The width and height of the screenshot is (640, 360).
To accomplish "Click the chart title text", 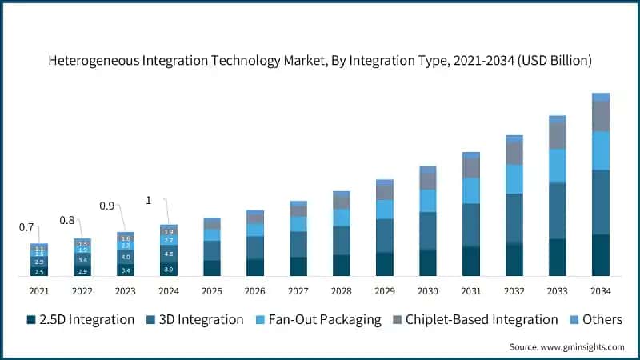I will click(x=320, y=60).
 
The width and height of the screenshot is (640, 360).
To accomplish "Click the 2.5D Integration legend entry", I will click(x=80, y=319).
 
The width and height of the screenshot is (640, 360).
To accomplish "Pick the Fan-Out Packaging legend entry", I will click(x=318, y=319).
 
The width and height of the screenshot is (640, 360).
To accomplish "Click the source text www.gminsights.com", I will click(x=566, y=346).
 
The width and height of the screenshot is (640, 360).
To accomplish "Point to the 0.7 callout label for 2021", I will click(x=26, y=228).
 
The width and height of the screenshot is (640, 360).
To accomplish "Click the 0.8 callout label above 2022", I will click(x=66, y=220).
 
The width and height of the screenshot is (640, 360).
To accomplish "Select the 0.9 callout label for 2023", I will click(x=106, y=206).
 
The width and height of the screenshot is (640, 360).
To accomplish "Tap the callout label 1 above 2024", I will click(x=147, y=200).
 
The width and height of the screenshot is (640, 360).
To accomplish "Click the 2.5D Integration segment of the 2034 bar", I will click(x=600, y=254).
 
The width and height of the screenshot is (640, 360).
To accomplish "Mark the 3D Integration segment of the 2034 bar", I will click(x=600, y=202).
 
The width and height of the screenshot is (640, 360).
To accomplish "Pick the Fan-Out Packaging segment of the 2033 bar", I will click(x=558, y=166).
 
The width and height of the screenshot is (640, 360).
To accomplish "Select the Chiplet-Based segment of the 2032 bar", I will click(x=514, y=153).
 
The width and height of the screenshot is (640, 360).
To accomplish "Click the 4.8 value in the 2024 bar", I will click(x=169, y=254).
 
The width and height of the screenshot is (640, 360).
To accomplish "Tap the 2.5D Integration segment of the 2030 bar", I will click(x=428, y=262).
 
